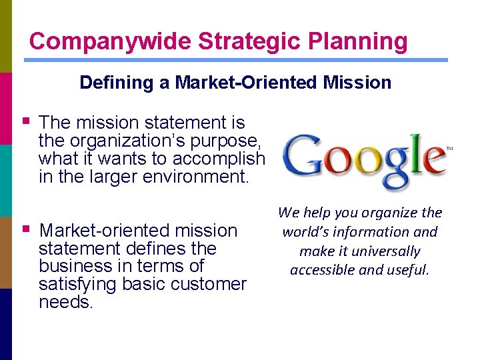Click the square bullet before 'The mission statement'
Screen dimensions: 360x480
pos(26,121)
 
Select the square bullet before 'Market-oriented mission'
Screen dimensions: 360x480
pos(26,229)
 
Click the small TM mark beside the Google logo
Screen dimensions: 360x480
pos(449,149)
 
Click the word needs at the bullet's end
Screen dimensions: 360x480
pos(65,302)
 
